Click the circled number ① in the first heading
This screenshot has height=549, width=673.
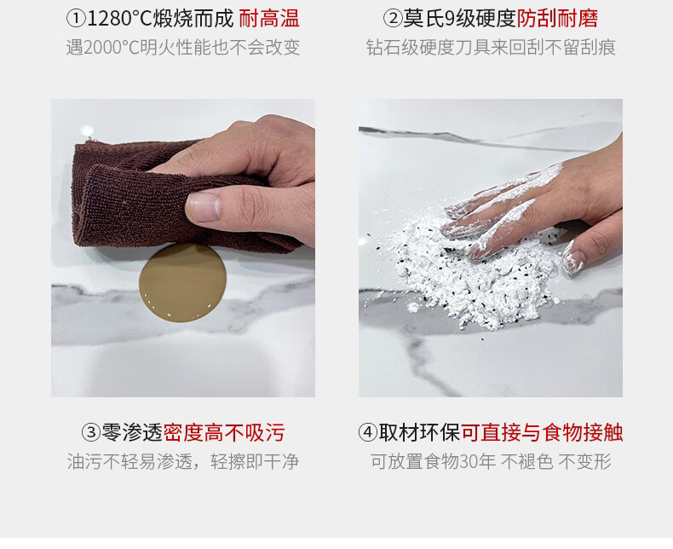point(76,19)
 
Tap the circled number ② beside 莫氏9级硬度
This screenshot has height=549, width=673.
point(392,19)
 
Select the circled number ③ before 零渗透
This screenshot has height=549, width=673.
point(91,432)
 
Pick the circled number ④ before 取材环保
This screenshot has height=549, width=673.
point(368,432)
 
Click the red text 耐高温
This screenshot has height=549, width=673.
point(269,19)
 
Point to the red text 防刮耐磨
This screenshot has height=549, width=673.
point(557,19)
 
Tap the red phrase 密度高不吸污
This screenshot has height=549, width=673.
point(224,432)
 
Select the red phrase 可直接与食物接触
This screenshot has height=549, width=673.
point(542,432)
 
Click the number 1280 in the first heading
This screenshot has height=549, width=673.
point(108,20)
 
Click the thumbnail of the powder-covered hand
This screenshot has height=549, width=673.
point(491,248)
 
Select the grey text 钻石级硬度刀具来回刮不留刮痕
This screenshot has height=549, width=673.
point(491,48)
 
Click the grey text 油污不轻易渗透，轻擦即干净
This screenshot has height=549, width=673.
point(183,462)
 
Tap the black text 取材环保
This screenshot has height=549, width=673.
point(419,432)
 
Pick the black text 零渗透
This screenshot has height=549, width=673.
point(132,432)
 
